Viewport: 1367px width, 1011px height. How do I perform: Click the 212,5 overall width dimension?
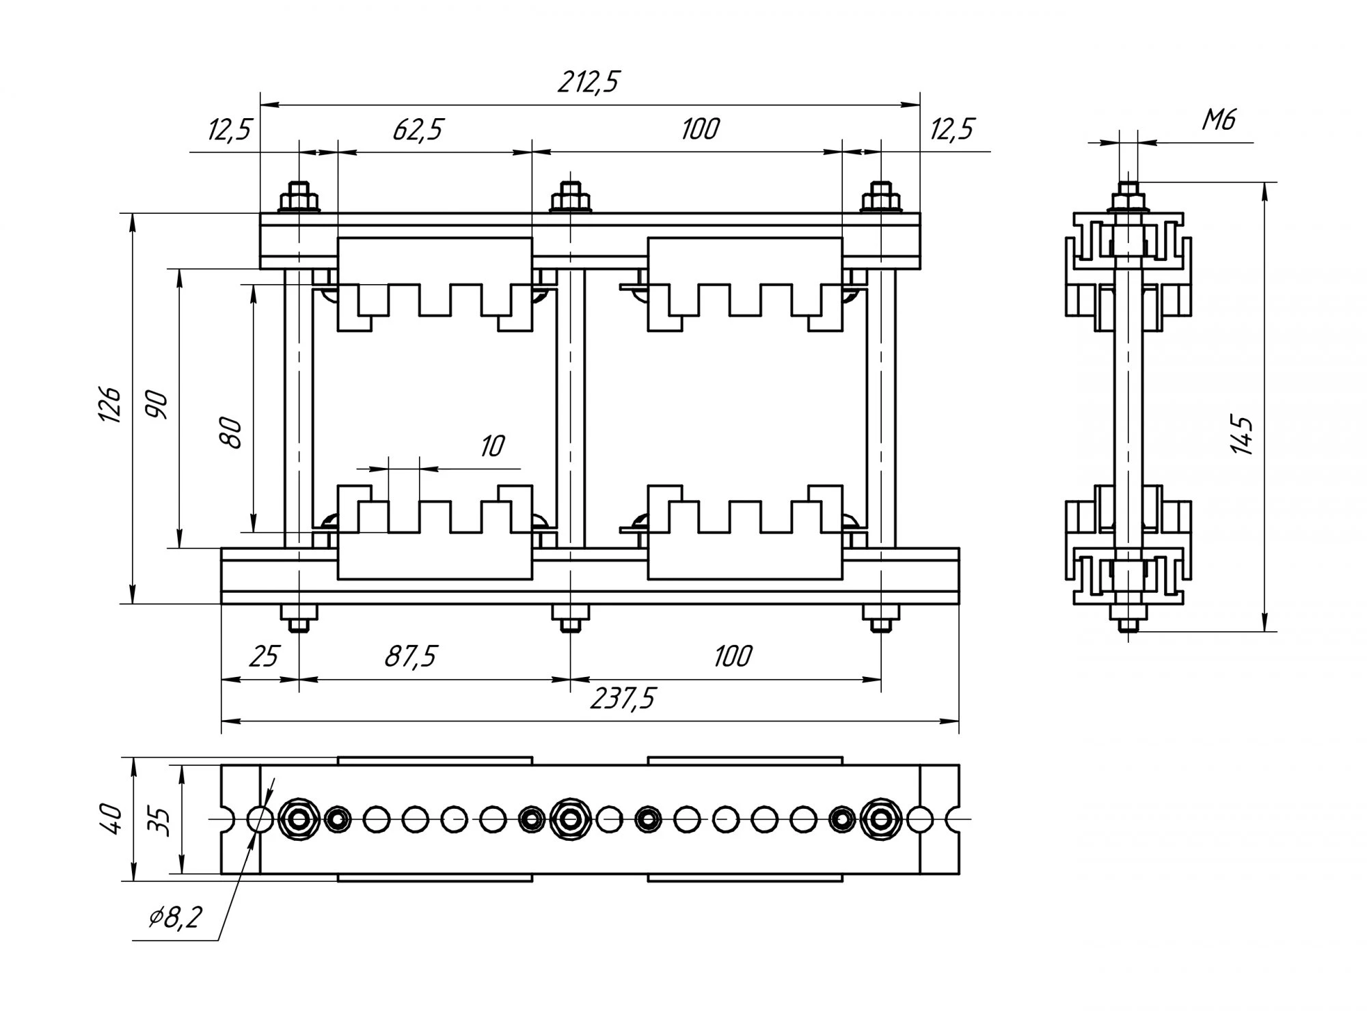pos(588,83)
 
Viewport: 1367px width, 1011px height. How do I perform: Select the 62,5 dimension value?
pos(418,129)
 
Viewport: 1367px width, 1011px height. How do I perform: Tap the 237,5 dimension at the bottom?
pos(622,699)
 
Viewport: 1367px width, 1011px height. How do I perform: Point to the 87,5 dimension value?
pos(410,656)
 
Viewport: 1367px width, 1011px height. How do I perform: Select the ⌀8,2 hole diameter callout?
pos(175,917)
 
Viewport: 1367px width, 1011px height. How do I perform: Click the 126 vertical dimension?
pos(111,404)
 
